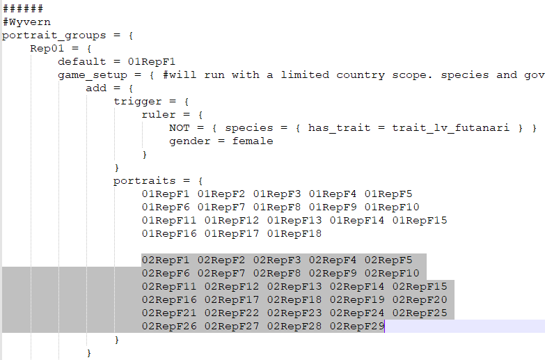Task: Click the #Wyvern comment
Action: pyautogui.click(x=26, y=22)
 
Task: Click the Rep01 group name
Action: pyautogui.click(x=47, y=48)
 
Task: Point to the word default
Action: pyautogui.click(x=82, y=61)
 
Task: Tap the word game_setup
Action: pyautogui.click(x=93, y=75)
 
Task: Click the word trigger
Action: pyautogui.click(x=138, y=102)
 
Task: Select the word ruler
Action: pyautogui.click(x=159, y=115)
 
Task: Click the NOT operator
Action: pyautogui.click(x=180, y=128)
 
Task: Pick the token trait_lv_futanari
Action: pyautogui.click(x=451, y=128)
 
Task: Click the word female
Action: pyautogui.click(x=253, y=141)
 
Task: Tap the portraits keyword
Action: pyautogui.click(x=145, y=181)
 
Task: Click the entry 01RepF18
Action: pyautogui.click(x=294, y=234)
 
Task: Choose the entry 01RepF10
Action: pyautogui.click(x=392, y=208)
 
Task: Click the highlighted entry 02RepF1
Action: pyautogui.click(x=166, y=260)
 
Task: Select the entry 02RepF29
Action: pyautogui.click(x=357, y=327)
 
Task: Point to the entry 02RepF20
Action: pyautogui.click(x=420, y=300)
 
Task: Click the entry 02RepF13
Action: pyautogui.click(x=294, y=287)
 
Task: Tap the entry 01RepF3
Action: pyautogui.click(x=277, y=194)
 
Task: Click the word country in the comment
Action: pyautogui.click(x=361, y=75)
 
